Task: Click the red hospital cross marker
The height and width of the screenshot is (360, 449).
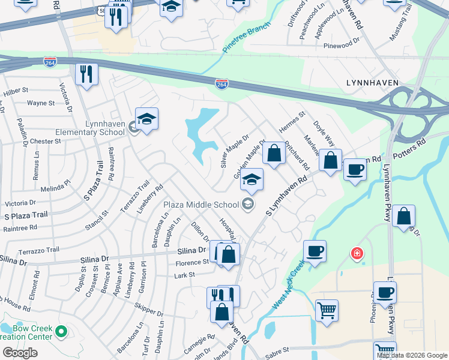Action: [358, 254]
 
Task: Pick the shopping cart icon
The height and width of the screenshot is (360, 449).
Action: [327, 310]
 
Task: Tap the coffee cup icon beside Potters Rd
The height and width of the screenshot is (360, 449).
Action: [355, 170]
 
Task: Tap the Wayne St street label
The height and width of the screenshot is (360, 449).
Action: [41, 103]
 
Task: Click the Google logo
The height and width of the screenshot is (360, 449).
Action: [20, 352]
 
